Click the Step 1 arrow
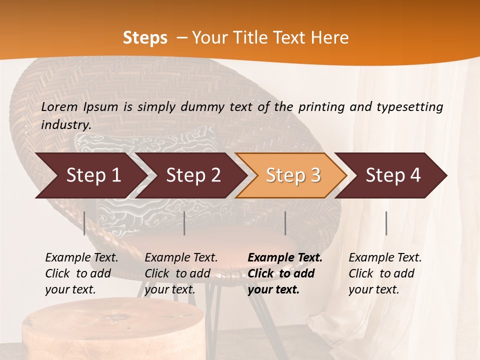(92, 175)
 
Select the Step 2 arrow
(192, 175)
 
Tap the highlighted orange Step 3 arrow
(292, 175)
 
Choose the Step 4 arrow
(392, 175)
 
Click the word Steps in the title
(145, 38)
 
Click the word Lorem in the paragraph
(59, 106)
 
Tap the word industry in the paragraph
(66, 124)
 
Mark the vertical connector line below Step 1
(84, 223)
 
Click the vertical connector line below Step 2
(184, 223)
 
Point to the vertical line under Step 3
(285, 223)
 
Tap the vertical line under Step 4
(386, 223)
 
